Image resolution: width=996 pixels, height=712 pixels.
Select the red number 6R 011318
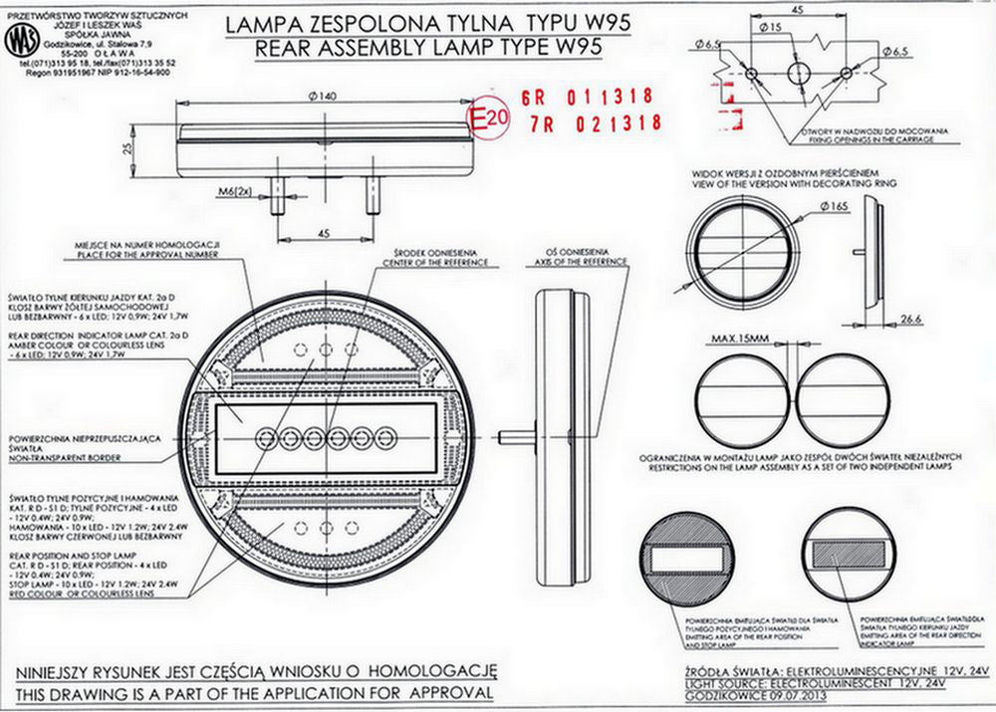pyautogui.click(x=587, y=98)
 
